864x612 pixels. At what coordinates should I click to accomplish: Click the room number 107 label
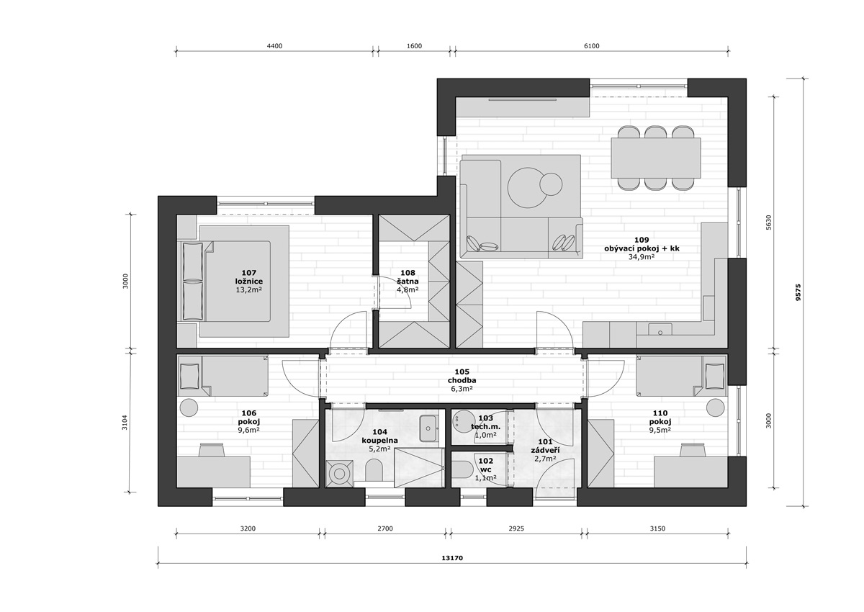[x=249, y=273]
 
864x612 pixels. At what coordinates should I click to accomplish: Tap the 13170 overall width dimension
[x=452, y=558]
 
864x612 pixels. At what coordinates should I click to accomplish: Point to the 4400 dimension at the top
[x=274, y=46]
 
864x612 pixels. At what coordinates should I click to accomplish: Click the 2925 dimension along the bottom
[x=516, y=528]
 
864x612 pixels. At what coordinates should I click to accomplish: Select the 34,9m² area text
[x=642, y=257]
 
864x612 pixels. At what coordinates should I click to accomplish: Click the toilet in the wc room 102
[x=462, y=472]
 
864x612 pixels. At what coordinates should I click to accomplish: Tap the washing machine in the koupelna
[x=339, y=474]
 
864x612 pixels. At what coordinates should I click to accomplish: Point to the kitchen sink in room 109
[x=660, y=330]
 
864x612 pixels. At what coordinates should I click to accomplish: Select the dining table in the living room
[x=656, y=158]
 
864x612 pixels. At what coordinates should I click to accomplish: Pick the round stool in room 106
[x=189, y=408]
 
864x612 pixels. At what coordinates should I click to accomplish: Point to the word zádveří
[x=545, y=451]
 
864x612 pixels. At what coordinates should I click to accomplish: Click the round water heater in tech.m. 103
[x=462, y=420]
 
